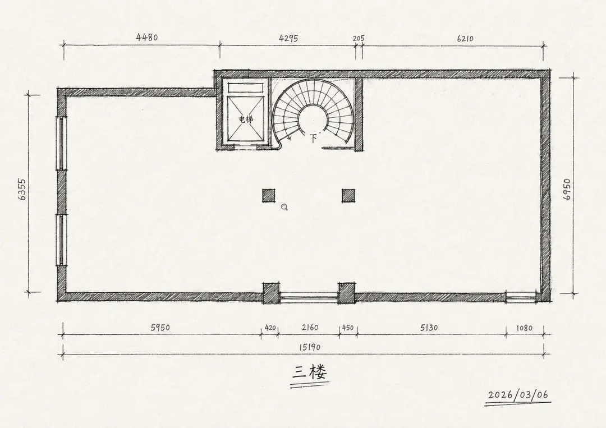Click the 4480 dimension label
click(x=147, y=38)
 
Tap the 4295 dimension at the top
click(x=288, y=38)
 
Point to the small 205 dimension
click(x=358, y=38)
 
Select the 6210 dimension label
click(x=465, y=38)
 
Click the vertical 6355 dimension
click(x=22, y=189)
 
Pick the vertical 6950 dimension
click(x=567, y=189)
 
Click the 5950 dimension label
click(x=160, y=328)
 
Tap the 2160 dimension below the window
click(x=310, y=328)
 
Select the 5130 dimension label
click(x=429, y=328)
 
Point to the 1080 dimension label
click(x=525, y=328)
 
